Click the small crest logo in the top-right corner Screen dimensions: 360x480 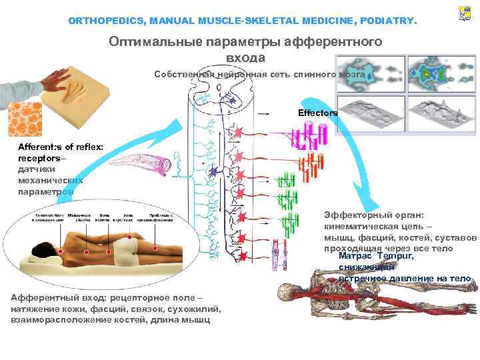(x=465, y=13)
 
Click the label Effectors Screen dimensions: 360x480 (x=318, y=113)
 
